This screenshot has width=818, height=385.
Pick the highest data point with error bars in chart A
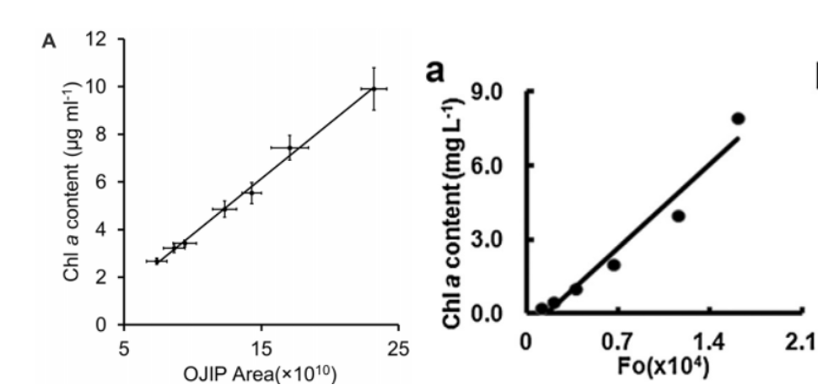tap(374, 88)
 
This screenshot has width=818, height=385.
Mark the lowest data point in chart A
tap(157, 261)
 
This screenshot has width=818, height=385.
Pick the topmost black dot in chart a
tap(738, 119)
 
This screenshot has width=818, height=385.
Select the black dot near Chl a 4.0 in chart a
tap(678, 216)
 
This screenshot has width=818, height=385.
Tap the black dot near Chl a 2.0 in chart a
tap(614, 265)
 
